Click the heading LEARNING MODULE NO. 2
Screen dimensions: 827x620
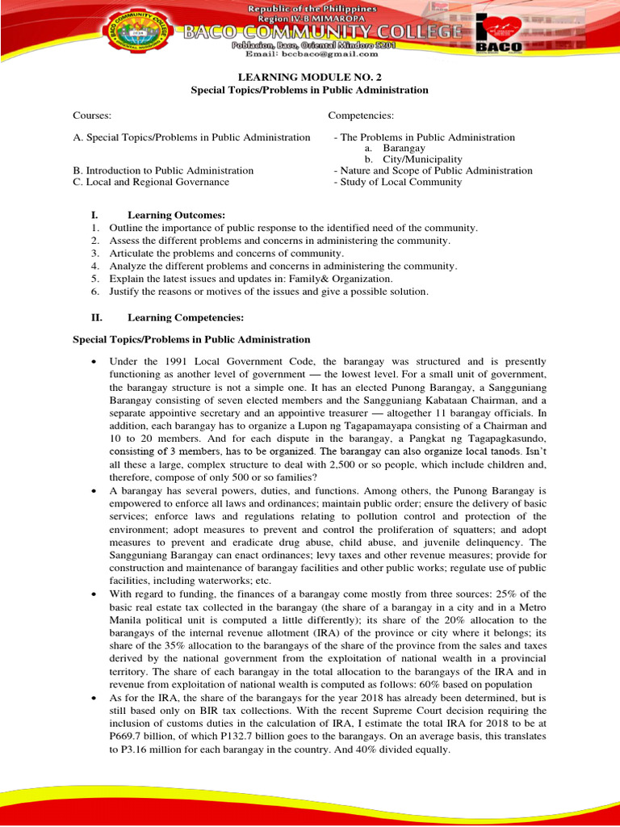click(x=309, y=77)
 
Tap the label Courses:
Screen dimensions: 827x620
click(x=92, y=116)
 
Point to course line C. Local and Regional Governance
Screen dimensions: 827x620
click(x=151, y=182)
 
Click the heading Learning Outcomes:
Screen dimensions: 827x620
click(x=176, y=215)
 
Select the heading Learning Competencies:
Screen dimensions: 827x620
click(x=185, y=317)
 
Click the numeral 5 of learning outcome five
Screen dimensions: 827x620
click(x=94, y=279)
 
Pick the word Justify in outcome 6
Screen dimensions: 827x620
click(x=125, y=291)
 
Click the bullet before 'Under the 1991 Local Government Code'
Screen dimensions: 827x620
click(x=96, y=362)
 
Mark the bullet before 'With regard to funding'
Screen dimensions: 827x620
click(x=96, y=594)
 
